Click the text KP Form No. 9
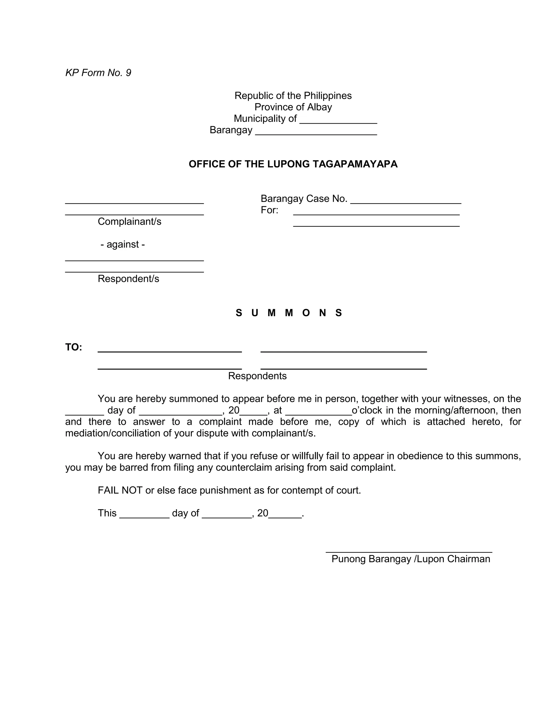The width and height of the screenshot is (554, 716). [98, 73]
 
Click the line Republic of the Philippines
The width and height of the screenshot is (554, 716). [293, 96]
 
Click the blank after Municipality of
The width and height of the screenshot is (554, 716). [338, 120]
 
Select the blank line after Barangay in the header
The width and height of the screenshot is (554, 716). [316, 132]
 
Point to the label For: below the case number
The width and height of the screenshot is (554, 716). [269, 210]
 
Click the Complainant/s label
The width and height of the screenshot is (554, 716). [129, 222]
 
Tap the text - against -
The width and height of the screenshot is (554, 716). [123, 245]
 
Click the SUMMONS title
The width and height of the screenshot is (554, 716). [289, 313]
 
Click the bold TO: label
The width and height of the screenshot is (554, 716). [74, 347]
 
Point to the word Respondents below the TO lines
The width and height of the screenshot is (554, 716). [257, 376]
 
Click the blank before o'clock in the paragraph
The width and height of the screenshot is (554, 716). [318, 412]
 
